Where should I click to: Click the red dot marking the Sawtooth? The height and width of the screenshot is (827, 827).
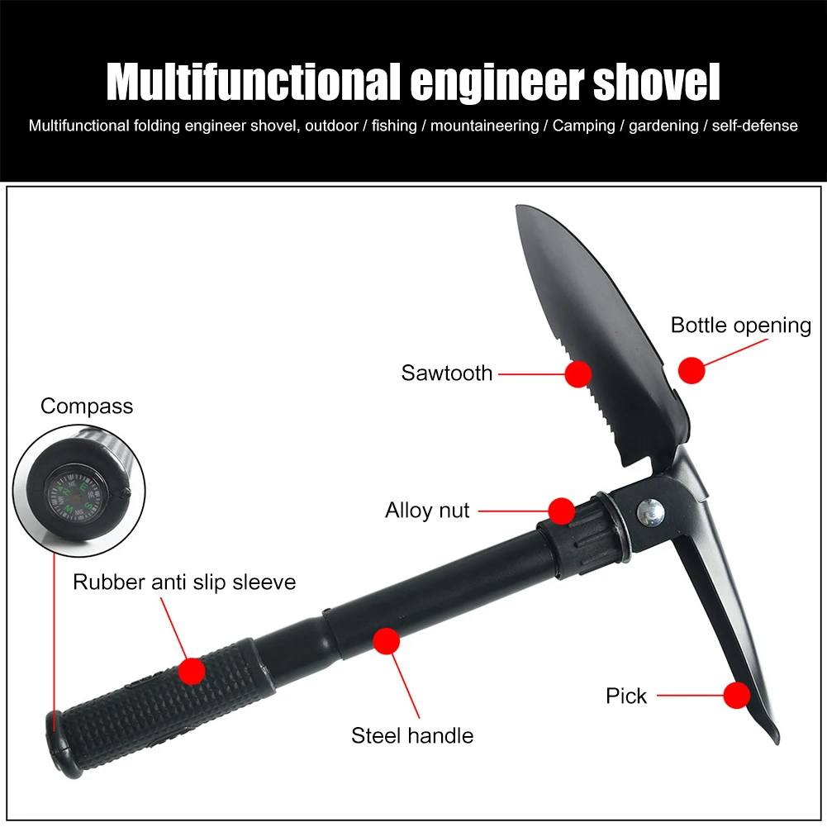click(577, 373)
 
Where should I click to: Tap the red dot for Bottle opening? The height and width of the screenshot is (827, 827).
click(692, 369)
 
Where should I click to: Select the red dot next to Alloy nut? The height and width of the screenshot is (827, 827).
click(562, 511)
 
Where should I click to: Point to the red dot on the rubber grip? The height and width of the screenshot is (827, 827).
click(192, 670)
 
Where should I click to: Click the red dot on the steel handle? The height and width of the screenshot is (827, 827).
click(386, 641)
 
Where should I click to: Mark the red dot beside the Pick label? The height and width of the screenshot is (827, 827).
click(736, 696)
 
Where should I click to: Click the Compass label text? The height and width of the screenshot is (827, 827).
click(87, 406)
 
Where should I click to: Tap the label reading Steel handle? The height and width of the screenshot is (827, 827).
click(412, 735)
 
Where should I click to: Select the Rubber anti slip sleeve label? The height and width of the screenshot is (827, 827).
click(184, 582)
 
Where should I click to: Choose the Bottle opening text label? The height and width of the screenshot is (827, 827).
click(741, 325)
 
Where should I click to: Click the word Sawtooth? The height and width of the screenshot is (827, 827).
click(447, 373)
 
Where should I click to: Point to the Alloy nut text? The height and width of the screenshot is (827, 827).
click(427, 511)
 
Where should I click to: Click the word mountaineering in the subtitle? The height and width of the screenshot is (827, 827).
click(484, 126)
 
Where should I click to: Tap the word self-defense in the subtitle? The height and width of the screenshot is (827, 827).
click(756, 126)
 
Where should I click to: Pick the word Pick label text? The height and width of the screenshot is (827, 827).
click(626, 696)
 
